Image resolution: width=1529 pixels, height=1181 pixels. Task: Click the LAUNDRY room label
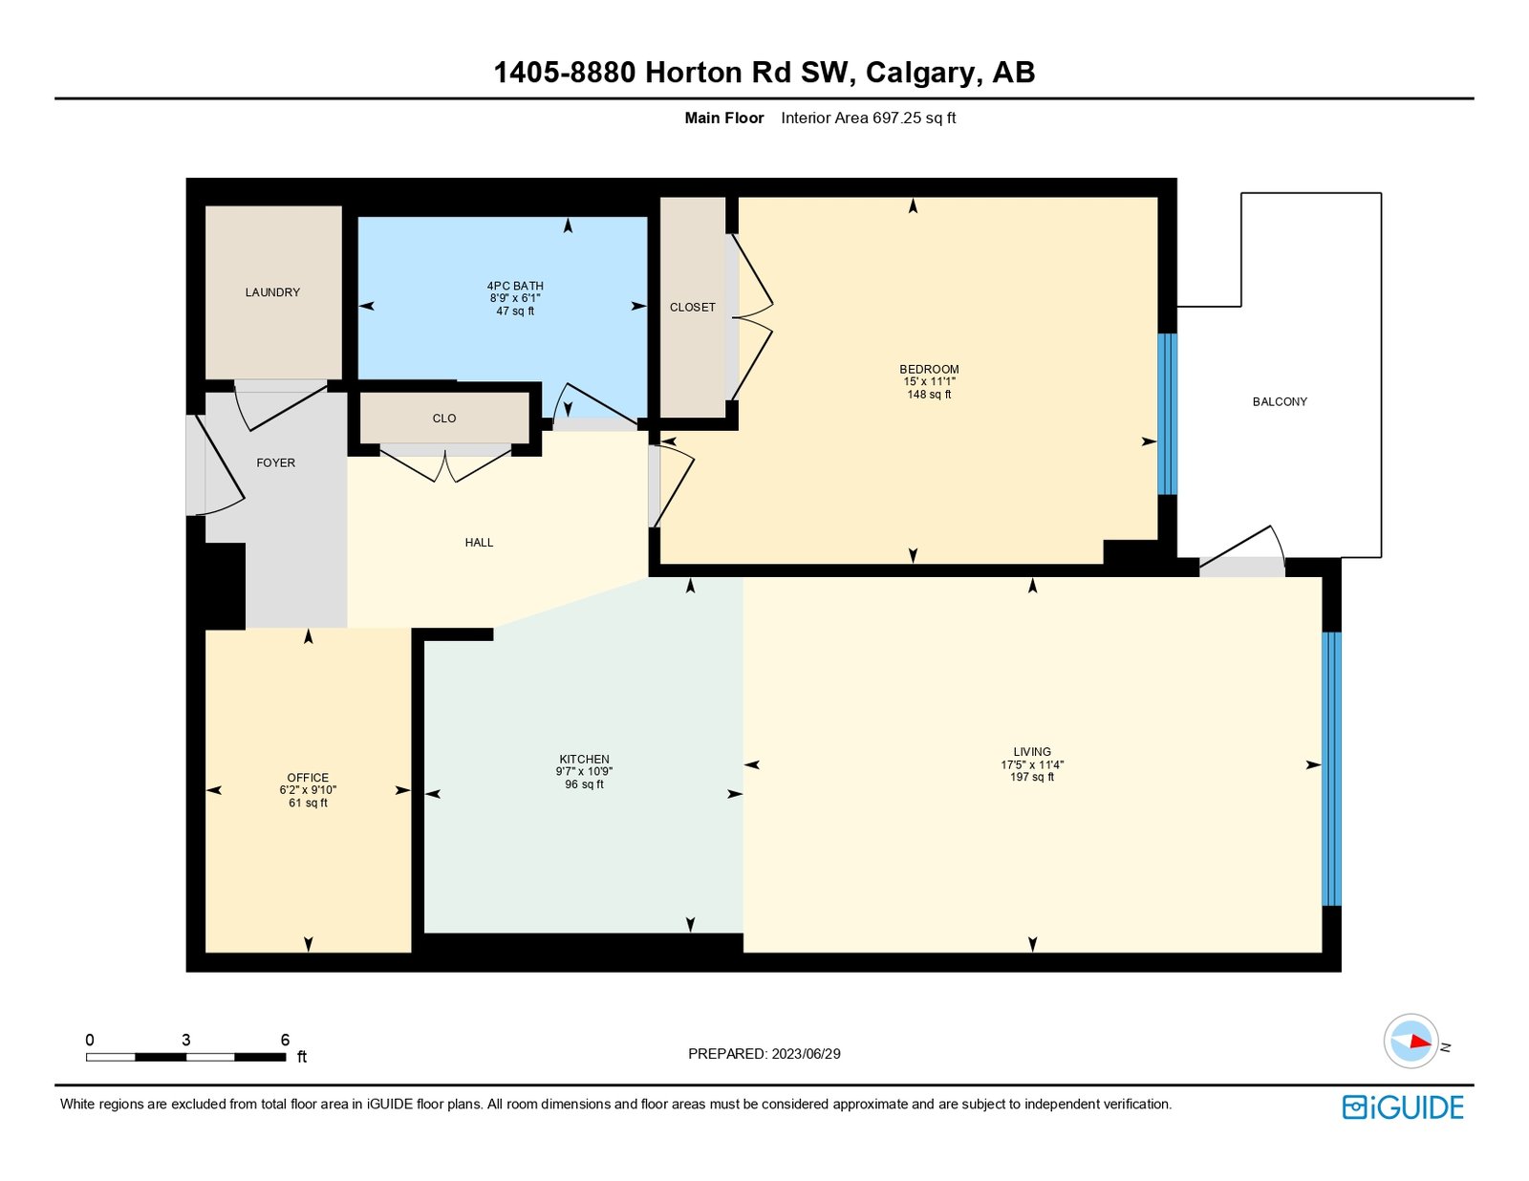pyautogui.click(x=272, y=292)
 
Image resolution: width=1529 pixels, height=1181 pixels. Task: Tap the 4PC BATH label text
pyautogui.click(x=515, y=286)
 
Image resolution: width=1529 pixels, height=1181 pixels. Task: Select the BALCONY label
pyautogui.click(x=1280, y=401)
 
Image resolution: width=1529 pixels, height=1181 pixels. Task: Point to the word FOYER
pyautogui.click(x=275, y=462)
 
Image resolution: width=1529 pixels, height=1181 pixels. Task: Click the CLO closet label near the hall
pyautogui.click(x=444, y=419)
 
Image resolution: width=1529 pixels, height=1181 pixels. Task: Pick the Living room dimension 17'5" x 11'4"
pyautogui.click(x=1032, y=764)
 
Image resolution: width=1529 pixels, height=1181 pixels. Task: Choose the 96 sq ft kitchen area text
pyautogui.click(x=584, y=784)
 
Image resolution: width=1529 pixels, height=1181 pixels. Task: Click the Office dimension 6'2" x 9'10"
pyautogui.click(x=308, y=790)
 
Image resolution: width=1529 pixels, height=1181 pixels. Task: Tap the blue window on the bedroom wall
pyautogui.click(x=1167, y=414)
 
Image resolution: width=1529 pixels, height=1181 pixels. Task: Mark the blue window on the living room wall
pyautogui.click(x=1331, y=769)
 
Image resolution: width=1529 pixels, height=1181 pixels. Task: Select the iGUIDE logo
pyautogui.click(x=1403, y=1107)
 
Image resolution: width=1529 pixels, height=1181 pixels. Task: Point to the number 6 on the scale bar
pyautogui.click(x=285, y=1040)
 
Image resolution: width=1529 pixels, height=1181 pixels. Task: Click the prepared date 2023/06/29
pyautogui.click(x=806, y=1054)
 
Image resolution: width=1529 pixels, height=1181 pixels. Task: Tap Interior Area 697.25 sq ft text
pyautogui.click(x=868, y=118)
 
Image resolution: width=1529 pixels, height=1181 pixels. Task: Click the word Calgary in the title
pyautogui.click(x=921, y=73)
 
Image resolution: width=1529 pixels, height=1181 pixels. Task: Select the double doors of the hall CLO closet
pyautogui.click(x=445, y=464)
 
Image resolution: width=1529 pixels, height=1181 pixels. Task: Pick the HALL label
pyautogui.click(x=479, y=543)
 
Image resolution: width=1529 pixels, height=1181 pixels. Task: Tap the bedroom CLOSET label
pyautogui.click(x=692, y=308)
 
